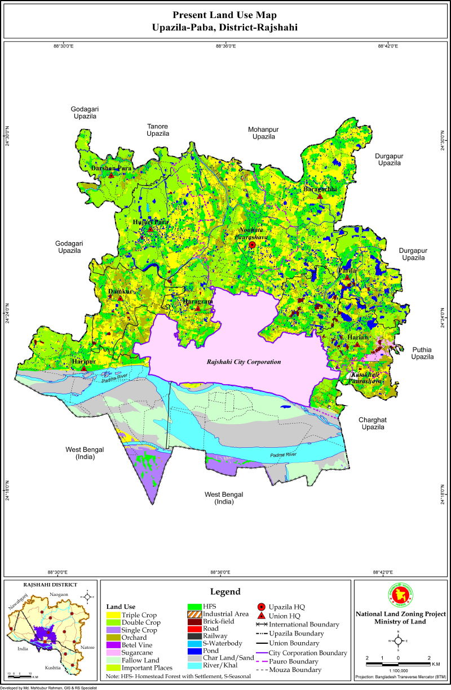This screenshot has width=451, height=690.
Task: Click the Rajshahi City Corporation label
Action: pyautogui.click(x=244, y=362)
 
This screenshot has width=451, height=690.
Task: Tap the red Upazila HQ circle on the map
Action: pyautogui.click(x=252, y=245)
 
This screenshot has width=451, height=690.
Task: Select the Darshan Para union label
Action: pyautogui.click(x=111, y=168)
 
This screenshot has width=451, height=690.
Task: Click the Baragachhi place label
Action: pyautogui.click(x=320, y=189)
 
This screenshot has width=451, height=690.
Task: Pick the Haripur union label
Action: pyautogui.click(x=83, y=361)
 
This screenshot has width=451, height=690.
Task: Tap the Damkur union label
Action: pyautogui.click(x=120, y=292)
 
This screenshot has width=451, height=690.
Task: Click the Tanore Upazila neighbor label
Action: pyautogui.click(x=158, y=130)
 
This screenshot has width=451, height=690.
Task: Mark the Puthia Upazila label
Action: pyautogui.click(x=422, y=353)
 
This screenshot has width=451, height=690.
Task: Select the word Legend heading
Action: pyautogui.click(x=225, y=592)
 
